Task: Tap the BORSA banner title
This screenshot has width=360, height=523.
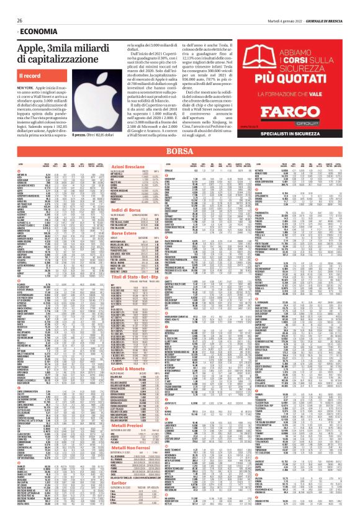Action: pyautogui.click(x=181, y=168)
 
